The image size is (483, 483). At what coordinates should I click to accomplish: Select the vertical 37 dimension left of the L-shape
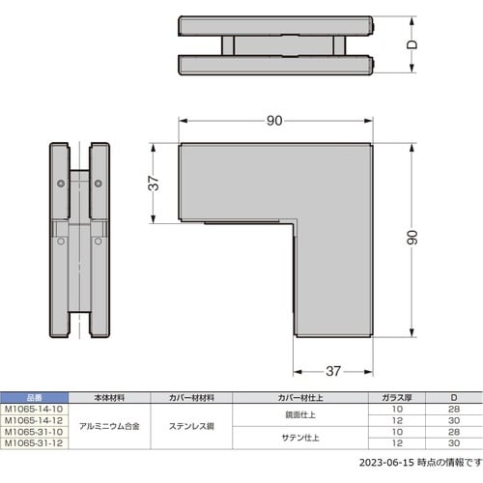click(x=153, y=183)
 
